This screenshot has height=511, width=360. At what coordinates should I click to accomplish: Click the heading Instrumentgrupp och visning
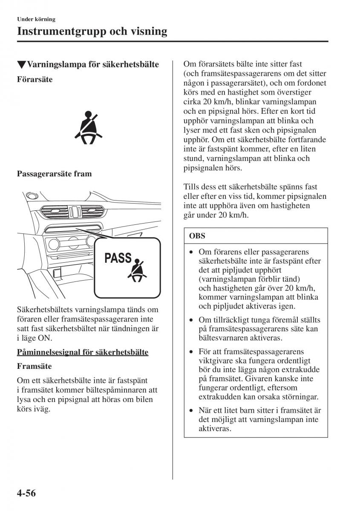pyautogui.click(x=92, y=32)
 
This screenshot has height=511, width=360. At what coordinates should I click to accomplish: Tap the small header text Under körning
pyautogui.click(x=36, y=19)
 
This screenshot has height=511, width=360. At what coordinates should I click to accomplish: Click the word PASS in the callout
pyautogui.click(x=118, y=258)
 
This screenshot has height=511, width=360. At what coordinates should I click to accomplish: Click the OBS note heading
pyautogui.click(x=197, y=235)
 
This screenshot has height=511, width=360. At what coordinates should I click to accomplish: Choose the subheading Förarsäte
pyautogui.click(x=35, y=79)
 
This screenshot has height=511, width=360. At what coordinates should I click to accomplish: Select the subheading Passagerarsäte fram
pyautogui.click(x=54, y=174)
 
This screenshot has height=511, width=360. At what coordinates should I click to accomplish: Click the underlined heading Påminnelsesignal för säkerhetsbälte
pyautogui.click(x=83, y=352)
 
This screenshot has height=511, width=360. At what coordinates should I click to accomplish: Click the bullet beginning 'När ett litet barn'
pyautogui.click(x=192, y=411)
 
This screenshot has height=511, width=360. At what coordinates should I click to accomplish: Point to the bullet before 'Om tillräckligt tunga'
pyautogui.click(x=192, y=320)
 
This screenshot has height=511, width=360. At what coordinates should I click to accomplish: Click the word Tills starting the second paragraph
pyautogui.click(x=192, y=187)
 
